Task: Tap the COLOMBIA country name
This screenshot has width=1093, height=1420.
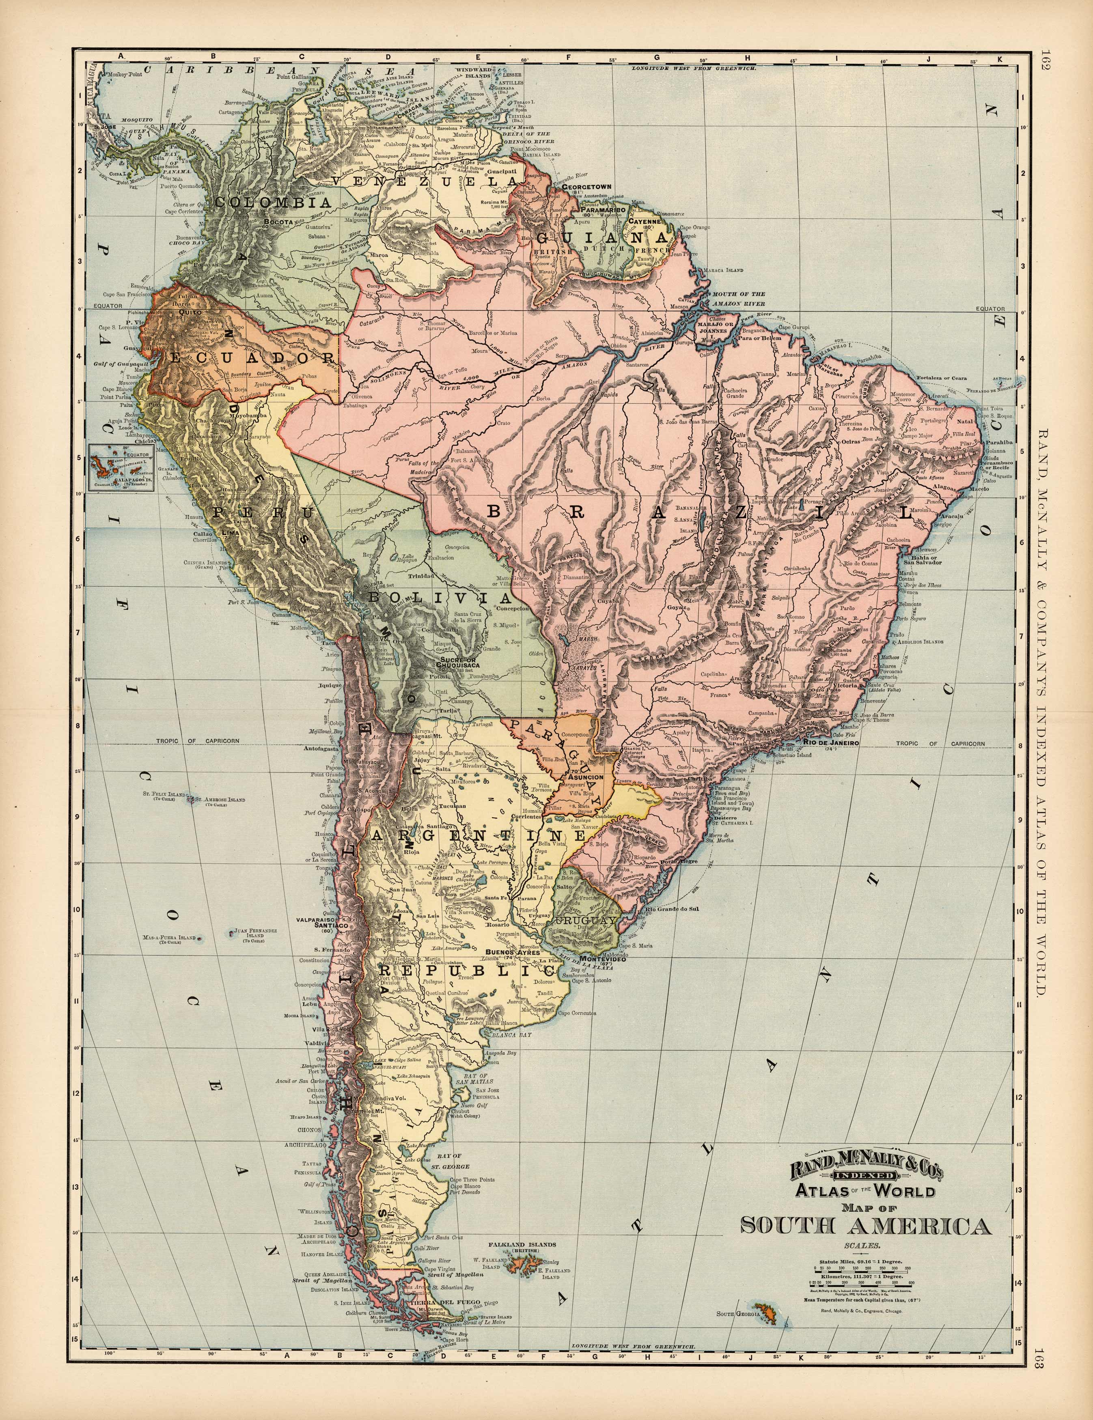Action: [x=273, y=202]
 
